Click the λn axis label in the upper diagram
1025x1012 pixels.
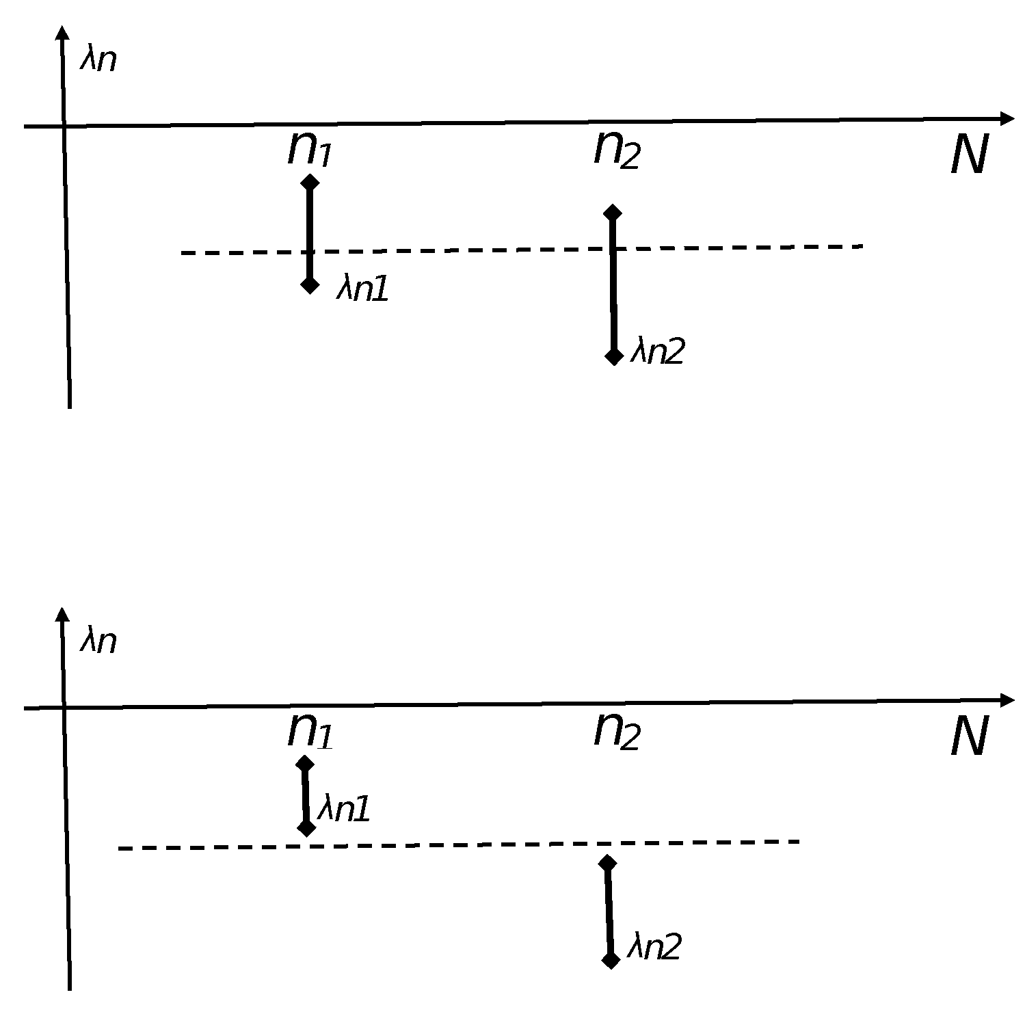(x=98, y=59)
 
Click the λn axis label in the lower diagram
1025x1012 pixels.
(x=98, y=641)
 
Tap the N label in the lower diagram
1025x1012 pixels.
(x=970, y=738)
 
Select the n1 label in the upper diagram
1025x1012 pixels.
(x=309, y=148)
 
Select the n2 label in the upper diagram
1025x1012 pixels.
(x=616, y=148)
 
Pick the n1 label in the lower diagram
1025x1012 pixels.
(x=309, y=731)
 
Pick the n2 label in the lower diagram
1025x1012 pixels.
(x=616, y=731)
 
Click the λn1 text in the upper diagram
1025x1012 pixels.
(x=362, y=289)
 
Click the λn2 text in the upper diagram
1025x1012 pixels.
(x=656, y=351)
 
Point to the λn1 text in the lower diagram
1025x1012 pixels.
(x=344, y=810)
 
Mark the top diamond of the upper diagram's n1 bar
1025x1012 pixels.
(x=310, y=182)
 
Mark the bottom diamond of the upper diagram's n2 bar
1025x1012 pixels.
(x=613, y=356)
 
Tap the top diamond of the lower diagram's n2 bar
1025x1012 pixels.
(x=607, y=863)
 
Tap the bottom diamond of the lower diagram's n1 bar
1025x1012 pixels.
(x=306, y=828)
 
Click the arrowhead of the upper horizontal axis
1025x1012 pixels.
(x=1007, y=118)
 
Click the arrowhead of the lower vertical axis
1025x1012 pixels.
(x=63, y=613)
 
